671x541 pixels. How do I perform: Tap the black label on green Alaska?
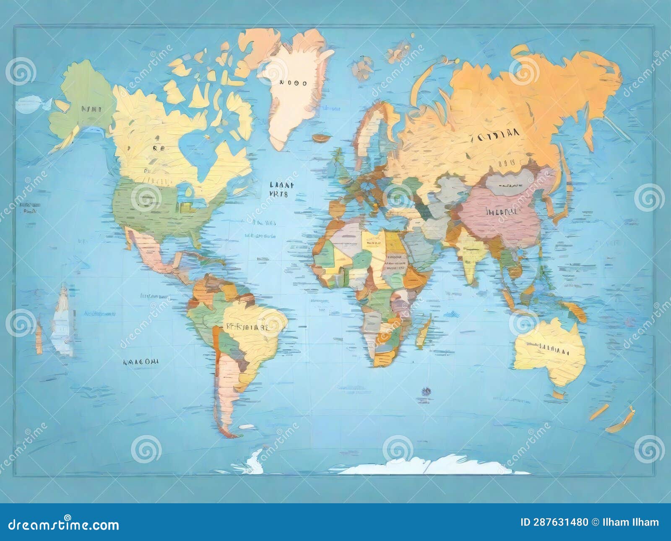click(x=91, y=109)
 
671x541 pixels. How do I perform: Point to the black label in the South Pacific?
click(x=140, y=361)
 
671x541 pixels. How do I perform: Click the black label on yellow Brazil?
click(x=247, y=327)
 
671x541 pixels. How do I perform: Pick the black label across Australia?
click(x=548, y=348)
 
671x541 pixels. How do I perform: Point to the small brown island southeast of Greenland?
click(x=321, y=137)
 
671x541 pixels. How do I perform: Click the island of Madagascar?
click(x=424, y=331)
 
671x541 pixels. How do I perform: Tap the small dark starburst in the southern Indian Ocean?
click(x=426, y=391)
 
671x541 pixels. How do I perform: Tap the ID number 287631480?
click(x=554, y=522)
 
